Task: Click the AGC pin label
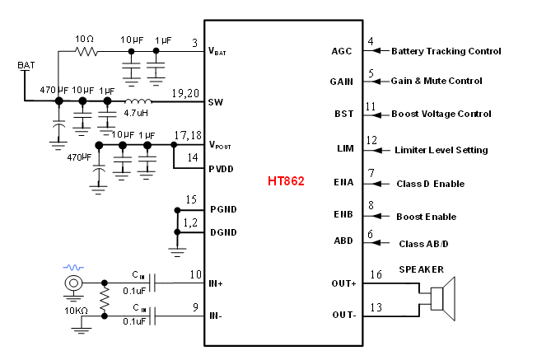pos(342,51)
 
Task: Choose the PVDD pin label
pos(223,168)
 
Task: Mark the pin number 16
pos(376,274)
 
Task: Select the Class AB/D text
pos(424,244)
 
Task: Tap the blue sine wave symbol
pos(73,268)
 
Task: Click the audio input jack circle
pos(74,283)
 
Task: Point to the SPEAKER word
pos(421,269)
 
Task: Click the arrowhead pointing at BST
pos(377,115)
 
